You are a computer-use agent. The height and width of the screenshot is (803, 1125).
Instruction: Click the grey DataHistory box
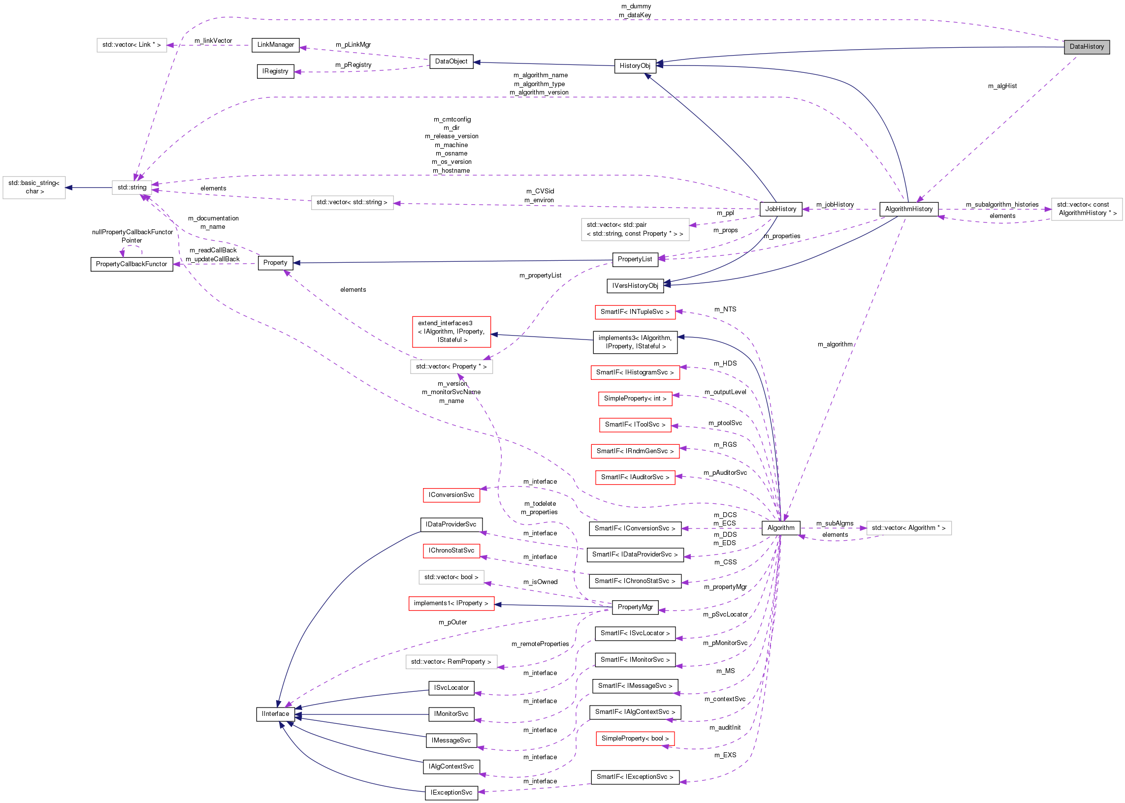(x=1087, y=47)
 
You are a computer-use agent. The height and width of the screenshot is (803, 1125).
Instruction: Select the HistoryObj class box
(x=635, y=66)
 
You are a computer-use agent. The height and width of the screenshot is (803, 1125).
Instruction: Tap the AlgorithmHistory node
(x=908, y=209)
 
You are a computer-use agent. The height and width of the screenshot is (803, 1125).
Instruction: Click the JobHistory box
(x=780, y=209)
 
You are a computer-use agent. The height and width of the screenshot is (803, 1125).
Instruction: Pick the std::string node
(x=131, y=187)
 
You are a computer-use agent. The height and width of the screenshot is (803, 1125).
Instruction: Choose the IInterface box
(x=275, y=714)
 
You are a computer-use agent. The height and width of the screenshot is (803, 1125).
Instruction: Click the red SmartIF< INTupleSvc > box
(x=635, y=312)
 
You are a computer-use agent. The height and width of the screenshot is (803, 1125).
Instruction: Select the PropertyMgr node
(x=635, y=607)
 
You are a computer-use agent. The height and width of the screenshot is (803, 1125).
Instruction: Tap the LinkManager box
(x=275, y=45)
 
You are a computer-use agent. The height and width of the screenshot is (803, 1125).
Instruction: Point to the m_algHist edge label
(x=1002, y=86)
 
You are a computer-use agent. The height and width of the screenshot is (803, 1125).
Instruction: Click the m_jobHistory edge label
(x=835, y=205)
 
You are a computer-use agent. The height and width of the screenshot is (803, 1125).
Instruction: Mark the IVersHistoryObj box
(x=635, y=286)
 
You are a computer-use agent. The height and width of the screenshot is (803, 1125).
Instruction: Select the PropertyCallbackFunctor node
(x=131, y=264)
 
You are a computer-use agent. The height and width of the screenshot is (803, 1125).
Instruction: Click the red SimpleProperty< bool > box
(x=635, y=739)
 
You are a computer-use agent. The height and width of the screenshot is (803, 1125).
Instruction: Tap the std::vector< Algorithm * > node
(x=908, y=528)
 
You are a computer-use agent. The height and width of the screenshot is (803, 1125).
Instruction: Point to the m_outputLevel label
(x=725, y=392)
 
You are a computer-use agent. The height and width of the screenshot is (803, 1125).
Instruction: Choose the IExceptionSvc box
(x=451, y=793)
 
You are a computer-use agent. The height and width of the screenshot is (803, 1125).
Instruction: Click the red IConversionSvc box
(x=451, y=495)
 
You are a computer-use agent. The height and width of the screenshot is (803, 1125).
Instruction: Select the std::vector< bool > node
(x=451, y=577)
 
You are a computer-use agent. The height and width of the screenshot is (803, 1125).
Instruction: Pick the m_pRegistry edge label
(x=353, y=65)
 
